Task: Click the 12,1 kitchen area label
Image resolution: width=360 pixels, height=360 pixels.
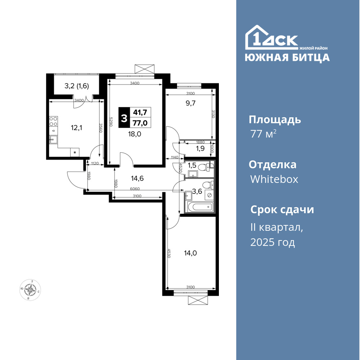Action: tap(76, 128)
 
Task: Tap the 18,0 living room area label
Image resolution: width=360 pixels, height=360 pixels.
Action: tap(135, 134)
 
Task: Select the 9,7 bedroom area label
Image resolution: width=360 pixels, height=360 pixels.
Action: tap(190, 103)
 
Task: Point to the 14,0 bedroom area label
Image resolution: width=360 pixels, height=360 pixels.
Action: tap(190, 253)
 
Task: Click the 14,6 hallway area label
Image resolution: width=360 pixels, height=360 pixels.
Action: tap(137, 178)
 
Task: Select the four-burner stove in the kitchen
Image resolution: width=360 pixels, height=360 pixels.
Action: tap(53, 121)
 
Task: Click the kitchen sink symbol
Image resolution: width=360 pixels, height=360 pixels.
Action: tap(53, 139)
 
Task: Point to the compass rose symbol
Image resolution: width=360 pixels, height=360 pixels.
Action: tap(30, 290)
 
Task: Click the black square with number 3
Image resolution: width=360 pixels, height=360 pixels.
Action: tap(124, 118)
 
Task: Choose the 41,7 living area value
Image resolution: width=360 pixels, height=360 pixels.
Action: tap(140, 112)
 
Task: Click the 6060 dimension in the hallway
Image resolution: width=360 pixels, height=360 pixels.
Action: tap(135, 189)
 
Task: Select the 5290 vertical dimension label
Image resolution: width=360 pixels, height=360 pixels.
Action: tap(111, 122)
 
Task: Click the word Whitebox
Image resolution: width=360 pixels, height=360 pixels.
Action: tap(274, 179)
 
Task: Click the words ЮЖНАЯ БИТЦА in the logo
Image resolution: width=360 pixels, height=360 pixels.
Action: tap(287, 58)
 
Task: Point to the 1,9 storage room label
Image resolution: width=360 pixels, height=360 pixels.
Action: tap(200, 148)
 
